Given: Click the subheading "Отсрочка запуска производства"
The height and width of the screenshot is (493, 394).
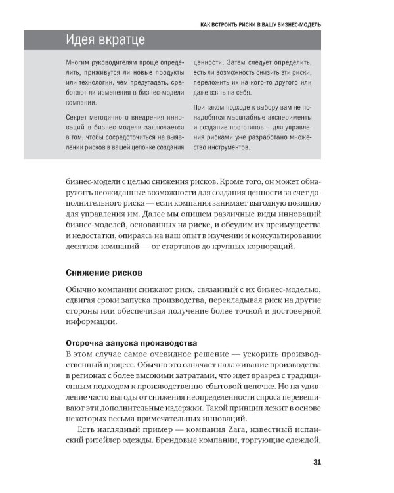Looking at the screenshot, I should [131, 343].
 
